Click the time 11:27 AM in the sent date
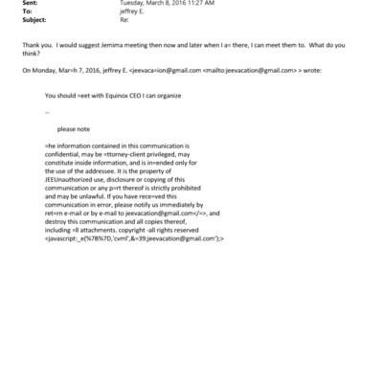pos(194,4)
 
